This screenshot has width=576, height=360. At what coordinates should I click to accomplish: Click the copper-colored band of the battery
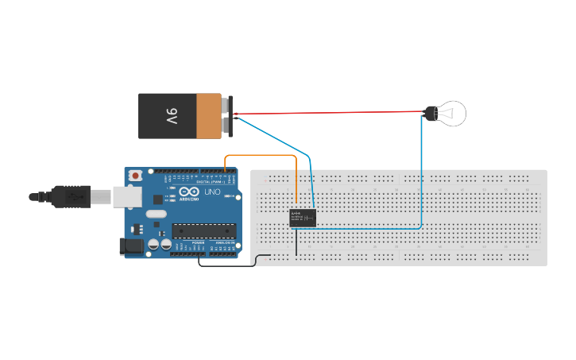pyautogui.click(x=208, y=116)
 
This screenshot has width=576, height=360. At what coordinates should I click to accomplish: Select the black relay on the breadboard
pyautogui.click(x=303, y=219)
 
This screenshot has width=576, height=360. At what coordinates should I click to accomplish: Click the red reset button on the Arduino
pyautogui.click(x=136, y=175)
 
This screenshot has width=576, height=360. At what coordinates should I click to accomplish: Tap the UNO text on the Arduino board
pyautogui.click(x=213, y=193)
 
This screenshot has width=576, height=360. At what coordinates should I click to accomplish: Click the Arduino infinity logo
pyautogui.click(x=187, y=193)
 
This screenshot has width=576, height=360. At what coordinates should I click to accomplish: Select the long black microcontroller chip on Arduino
pyautogui.click(x=204, y=231)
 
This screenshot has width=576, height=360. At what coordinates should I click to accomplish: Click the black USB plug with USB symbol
pyautogui.click(x=72, y=195)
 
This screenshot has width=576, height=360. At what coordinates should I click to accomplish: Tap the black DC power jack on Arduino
pyautogui.click(x=132, y=247)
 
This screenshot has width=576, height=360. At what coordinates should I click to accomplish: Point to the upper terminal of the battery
pyautogui.click(x=229, y=103)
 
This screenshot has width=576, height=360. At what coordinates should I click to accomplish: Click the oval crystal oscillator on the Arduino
pyautogui.click(x=157, y=213)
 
